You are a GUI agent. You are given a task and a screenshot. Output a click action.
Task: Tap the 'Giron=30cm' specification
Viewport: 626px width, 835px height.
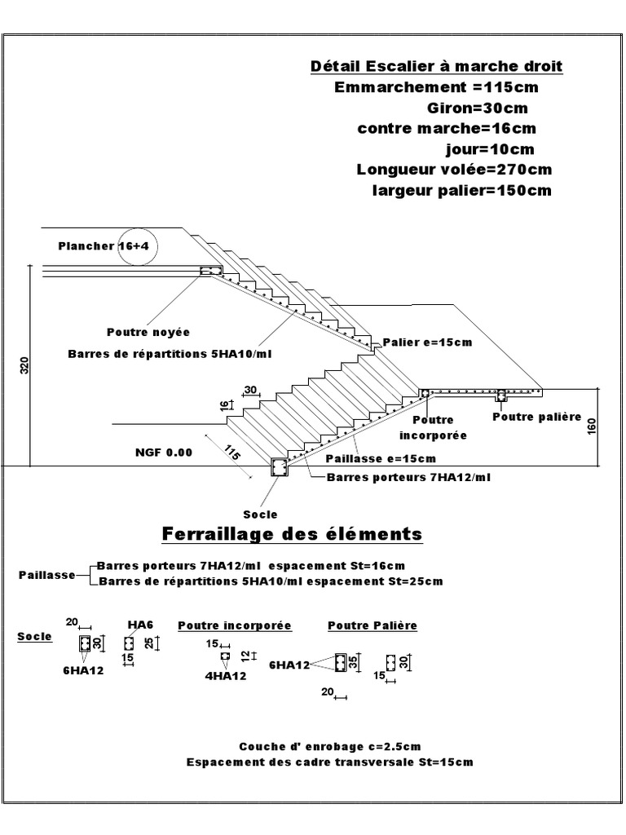pos(477,108)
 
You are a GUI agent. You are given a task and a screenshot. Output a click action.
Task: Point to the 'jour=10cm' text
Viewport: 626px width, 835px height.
pos(490,149)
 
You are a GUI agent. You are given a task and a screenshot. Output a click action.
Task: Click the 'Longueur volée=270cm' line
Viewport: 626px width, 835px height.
pos(454,170)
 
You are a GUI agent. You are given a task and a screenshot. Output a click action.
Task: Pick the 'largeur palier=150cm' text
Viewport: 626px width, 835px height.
pos(461,191)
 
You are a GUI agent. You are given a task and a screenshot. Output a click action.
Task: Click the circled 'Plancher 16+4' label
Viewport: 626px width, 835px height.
pos(108,245)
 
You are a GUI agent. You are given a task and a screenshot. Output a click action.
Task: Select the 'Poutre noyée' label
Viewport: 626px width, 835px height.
pos(148,332)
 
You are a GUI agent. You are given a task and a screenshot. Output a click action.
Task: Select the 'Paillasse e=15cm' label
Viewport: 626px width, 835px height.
pos(380,458)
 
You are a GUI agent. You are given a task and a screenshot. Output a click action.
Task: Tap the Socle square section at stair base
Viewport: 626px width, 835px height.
pos(279,466)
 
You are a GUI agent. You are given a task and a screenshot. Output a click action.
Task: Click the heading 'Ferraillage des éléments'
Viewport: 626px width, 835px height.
pos(293,534)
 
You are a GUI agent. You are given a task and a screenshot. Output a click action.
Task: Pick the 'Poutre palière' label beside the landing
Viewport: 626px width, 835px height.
pos(536,417)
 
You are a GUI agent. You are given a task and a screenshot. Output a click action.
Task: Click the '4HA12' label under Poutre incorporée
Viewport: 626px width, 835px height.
pos(226,675)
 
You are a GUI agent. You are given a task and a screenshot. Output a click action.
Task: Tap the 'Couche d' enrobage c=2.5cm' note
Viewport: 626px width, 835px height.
pos(329,746)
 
